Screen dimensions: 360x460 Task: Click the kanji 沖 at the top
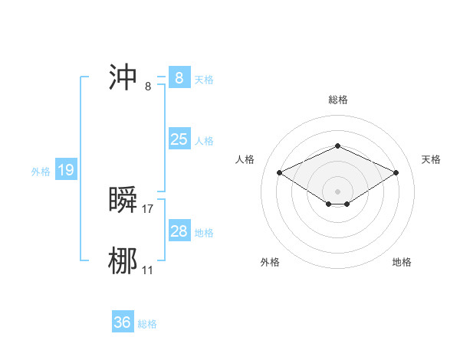pyautogui.click(x=123, y=77)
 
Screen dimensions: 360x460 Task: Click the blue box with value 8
pyautogui.click(x=179, y=77)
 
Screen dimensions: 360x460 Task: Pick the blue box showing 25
pyautogui.click(x=179, y=139)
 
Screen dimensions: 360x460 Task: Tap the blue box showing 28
pyautogui.click(x=179, y=231)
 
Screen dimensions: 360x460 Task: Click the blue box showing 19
pyautogui.click(x=66, y=170)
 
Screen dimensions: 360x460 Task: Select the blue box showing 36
pyautogui.click(x=122, y=322)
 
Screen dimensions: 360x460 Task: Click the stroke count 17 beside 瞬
pyautogui.click(x=149, y=208)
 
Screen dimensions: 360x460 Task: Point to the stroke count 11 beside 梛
pyautogui.click(x=148, y=270)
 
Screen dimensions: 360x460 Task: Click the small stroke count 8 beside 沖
pyautogui.click(x=148, y=86)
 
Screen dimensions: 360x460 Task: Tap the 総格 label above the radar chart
pyautogui.click(x=337, y=100)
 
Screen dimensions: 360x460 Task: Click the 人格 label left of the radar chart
pyautogui.click(x=245, y=159)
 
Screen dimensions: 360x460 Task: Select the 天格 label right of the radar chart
pyautogui.click(x=431, y=159)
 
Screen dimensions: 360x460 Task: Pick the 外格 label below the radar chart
pyautogui.click(x=270, y=262)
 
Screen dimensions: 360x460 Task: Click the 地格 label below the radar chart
pyautogui.click(x=402, y=262)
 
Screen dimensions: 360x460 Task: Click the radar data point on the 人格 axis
pyautogui.click(x=279, y=172)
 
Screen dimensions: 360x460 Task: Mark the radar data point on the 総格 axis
pyautogui.click(x=337, y=146)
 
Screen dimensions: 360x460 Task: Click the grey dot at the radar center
pyautogui.click(x=337, y=191)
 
